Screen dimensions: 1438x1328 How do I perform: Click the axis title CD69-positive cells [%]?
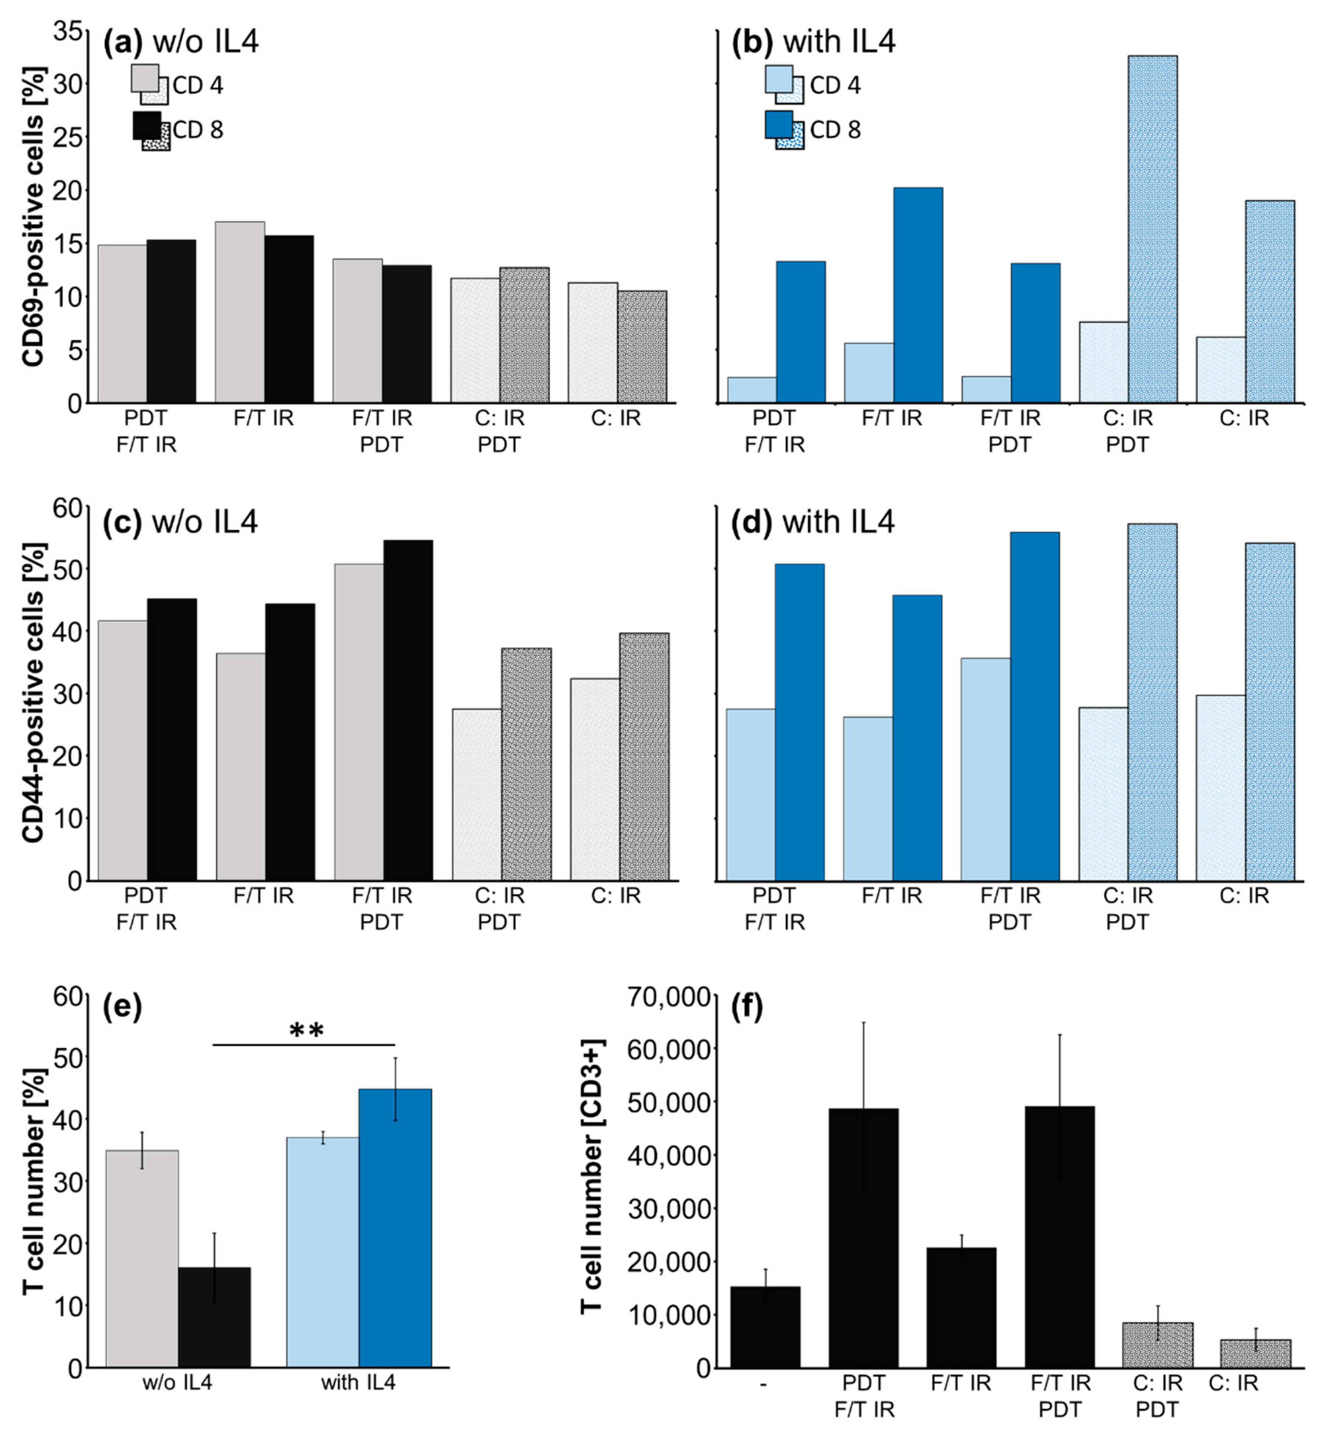point(32,215)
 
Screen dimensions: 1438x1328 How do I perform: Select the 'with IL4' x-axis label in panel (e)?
point(358,1382)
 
